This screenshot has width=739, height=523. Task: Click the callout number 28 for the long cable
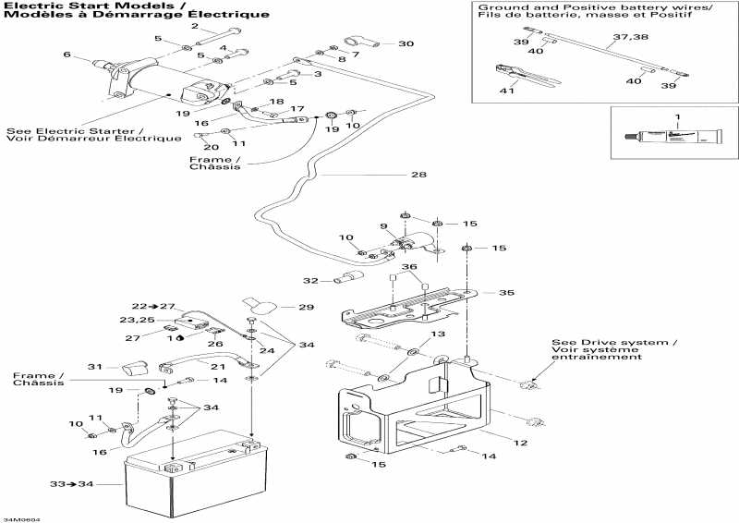click(x=419, y=176)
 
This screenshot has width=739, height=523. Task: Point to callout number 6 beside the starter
click(x=67, y=55)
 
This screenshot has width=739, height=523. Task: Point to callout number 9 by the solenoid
click(x=383, y=226)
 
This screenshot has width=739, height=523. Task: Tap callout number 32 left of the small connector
click(x=310, y=280)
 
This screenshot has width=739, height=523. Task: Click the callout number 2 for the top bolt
click(x=195, y=26)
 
